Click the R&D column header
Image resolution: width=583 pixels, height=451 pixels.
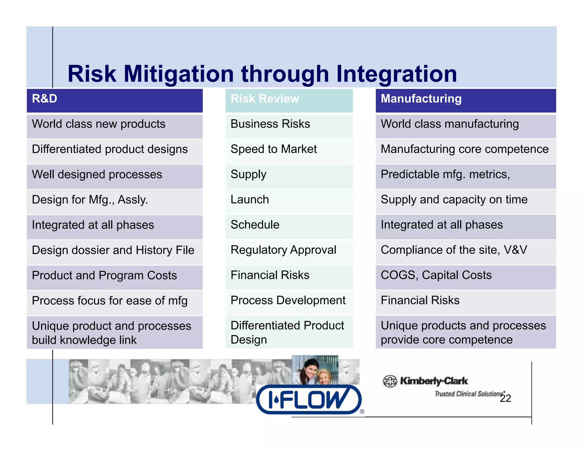(114, 100)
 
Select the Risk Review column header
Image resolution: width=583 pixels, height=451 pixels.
(289, 100)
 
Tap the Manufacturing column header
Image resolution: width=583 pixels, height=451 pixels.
(465, 100)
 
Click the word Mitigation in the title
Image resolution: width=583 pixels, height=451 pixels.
(179, 74)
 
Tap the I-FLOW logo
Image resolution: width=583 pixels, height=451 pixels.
(309, 399)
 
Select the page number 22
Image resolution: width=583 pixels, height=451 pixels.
(505, 399)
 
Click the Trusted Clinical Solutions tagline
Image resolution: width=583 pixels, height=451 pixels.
(468, 394)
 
